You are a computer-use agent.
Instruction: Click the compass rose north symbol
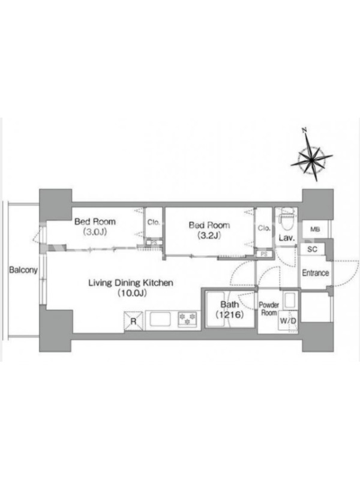(311, 159)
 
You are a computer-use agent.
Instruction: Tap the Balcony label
(23, 270)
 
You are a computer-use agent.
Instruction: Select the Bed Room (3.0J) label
(95, 227)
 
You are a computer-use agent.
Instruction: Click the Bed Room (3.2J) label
(209, 230)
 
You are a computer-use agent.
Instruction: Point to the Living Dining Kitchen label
(131, 288)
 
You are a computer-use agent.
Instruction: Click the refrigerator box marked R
(133, 321)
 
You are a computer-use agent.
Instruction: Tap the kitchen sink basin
(160, 320)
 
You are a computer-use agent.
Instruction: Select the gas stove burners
(188, 319)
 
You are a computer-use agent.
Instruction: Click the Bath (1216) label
(230, 309)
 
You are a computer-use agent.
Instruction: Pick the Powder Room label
(269, 309)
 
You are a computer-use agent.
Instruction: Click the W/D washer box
(288, 321)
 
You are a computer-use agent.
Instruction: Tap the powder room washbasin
(289, 301)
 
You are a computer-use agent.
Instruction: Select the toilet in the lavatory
(287, 219)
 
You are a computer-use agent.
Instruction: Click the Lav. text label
(287, 238)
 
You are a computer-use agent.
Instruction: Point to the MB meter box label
(315, 229)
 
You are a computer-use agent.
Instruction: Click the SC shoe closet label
(312, 250)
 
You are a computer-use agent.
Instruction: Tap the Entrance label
(316, 273)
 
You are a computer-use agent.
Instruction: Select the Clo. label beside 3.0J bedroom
(154, 222)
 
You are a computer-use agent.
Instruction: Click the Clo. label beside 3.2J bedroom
(264, 228)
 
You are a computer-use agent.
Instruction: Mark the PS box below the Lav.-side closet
(264, 254)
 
